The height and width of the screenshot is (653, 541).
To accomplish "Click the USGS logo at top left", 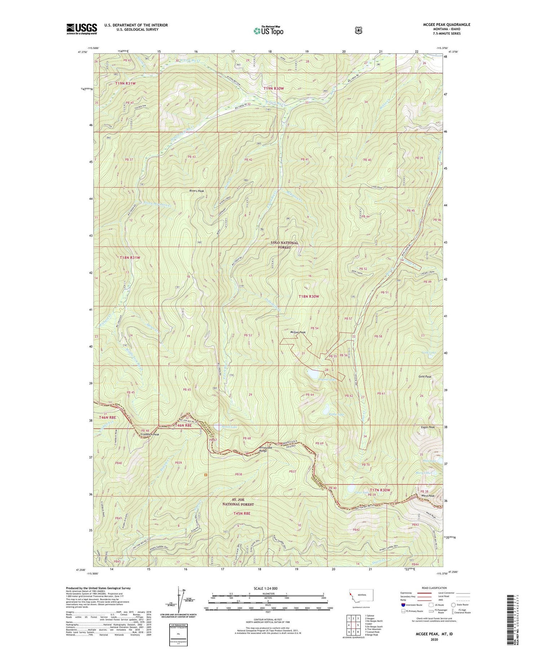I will click(82, 29).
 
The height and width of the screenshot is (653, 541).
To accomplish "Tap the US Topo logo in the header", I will click(268, 31).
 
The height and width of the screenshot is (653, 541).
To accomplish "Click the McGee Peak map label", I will click(298, 332).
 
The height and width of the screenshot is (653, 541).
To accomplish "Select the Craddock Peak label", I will click(149, 434).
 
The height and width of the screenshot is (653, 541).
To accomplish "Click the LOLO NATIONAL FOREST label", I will click(285, 245).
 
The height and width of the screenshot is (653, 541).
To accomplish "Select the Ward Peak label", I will click(428, 496).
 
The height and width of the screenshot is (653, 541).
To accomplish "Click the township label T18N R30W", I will click(309, 296).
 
